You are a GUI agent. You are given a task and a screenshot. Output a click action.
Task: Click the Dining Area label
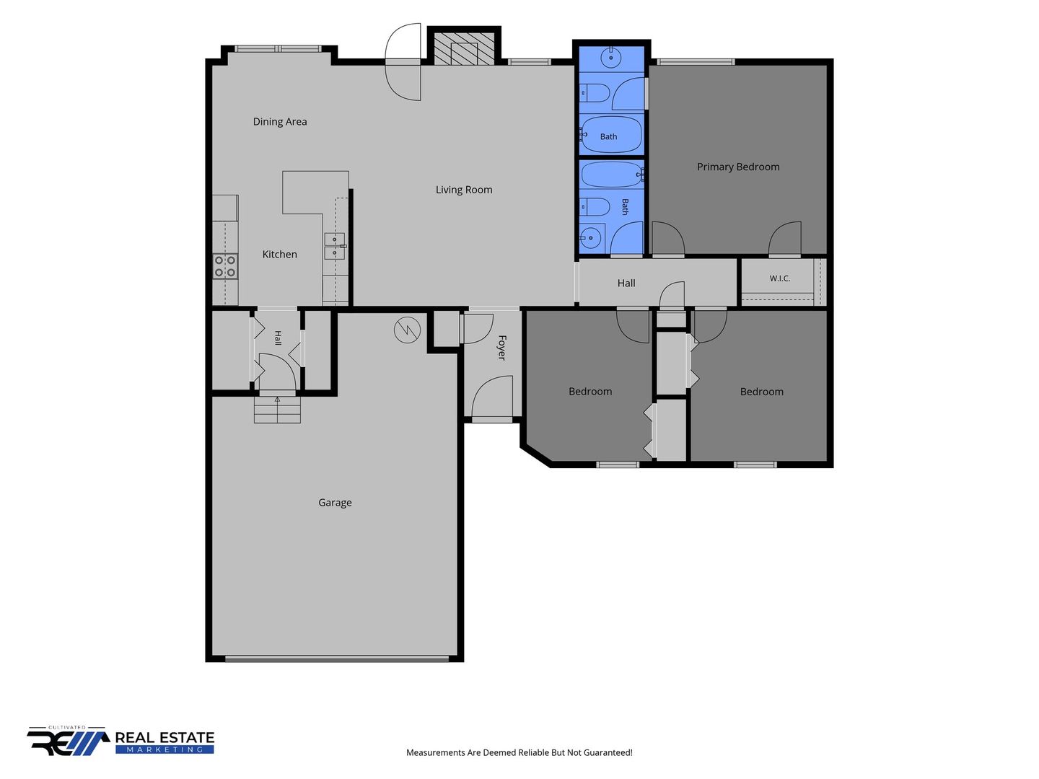click(x=280, y=122)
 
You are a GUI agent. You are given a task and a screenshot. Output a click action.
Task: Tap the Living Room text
click(x=464, y=190)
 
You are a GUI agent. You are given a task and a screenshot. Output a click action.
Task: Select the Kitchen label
click(x=280, y=254)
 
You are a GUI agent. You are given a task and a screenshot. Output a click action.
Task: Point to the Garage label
click(x=335, y=503)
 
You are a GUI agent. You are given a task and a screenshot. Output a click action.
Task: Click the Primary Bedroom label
click(x=738, y=167)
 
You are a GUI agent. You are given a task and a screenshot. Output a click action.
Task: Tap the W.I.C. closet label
click(x=779, y=278)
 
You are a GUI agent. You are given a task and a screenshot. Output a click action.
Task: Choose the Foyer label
click(x=502, y=348)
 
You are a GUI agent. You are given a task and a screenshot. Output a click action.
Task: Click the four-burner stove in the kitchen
click(x=225, y=266)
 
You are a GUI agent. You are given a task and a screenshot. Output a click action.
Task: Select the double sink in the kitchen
click(x=335, y=246)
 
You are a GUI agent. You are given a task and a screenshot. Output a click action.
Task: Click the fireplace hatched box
click(x=464, y=49)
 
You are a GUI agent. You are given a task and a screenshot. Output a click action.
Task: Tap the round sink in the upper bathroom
click(x=611, y=58)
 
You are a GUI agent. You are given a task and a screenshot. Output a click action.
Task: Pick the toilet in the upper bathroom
click(x=595, y=93)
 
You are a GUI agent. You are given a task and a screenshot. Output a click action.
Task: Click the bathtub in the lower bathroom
click(x=612, y=174)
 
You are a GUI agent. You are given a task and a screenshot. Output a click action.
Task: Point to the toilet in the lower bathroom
click(x=595, y=207)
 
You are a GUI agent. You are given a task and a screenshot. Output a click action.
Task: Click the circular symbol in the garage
click(x=407, y=329)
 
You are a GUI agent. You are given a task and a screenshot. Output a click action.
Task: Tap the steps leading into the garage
click(x=277, y=410)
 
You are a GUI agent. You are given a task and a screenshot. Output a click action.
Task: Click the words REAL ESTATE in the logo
click(x=165, y=738)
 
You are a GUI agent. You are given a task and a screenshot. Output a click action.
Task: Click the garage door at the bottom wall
click(x=336, y=659)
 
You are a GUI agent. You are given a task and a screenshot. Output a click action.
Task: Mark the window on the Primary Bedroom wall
click(x=696, y=62)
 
